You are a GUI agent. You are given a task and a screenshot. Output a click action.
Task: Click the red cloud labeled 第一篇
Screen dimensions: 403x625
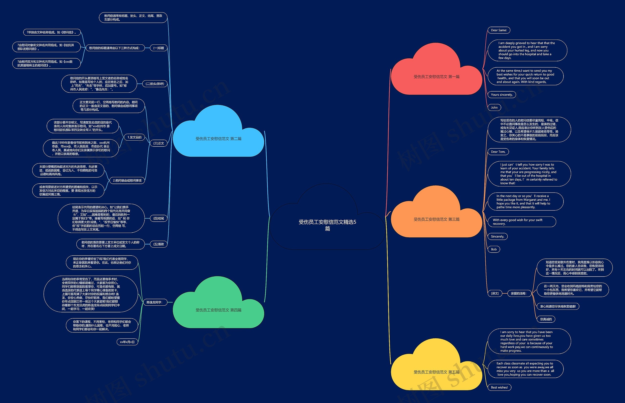436,76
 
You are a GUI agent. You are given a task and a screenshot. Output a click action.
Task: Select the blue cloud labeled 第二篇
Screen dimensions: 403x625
218,138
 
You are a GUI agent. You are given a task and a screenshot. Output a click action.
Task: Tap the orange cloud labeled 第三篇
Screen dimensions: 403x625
436,219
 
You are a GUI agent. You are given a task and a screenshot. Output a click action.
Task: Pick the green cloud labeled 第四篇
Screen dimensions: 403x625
218,310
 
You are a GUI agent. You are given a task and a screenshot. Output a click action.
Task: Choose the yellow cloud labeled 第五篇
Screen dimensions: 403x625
436,372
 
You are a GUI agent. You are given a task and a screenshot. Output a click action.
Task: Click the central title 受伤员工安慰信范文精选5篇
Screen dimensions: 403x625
327,225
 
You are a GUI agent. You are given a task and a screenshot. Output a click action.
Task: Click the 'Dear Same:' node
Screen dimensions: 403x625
499,30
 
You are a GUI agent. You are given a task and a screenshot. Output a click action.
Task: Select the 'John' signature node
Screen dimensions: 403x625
494,108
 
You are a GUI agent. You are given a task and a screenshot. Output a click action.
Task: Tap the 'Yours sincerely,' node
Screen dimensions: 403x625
501,95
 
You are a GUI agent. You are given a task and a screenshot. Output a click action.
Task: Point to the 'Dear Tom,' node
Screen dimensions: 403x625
498,152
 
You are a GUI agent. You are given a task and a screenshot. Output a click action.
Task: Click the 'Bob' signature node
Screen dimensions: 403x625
494,249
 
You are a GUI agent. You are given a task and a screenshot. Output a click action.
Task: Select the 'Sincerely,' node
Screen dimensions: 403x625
497,237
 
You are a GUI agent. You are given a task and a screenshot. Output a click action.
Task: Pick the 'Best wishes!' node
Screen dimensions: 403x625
499,387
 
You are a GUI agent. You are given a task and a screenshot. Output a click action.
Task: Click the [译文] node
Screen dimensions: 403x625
495,293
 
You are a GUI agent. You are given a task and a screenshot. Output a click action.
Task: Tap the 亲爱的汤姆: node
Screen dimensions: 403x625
518,293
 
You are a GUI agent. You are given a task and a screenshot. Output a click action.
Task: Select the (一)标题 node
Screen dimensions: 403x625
159,48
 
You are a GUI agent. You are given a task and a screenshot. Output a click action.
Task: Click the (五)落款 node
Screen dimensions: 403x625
159,244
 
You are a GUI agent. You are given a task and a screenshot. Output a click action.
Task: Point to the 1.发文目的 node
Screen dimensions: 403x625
134,137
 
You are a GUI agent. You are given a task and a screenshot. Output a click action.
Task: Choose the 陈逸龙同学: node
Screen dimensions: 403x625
154,302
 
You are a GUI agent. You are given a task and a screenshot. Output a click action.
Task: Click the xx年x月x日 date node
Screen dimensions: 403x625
127,342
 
